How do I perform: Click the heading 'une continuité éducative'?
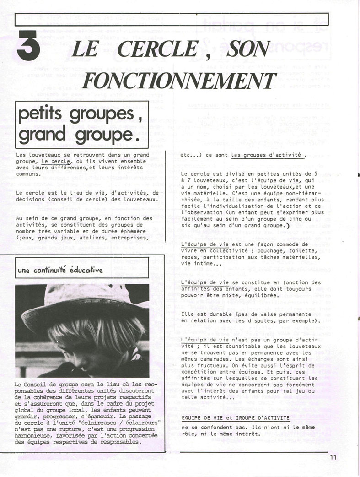coord(60,270)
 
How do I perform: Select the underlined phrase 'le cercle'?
coord(55,161)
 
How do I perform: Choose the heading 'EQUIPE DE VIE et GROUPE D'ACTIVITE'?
coord(235,417)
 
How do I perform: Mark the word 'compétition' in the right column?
coord(199,372)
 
